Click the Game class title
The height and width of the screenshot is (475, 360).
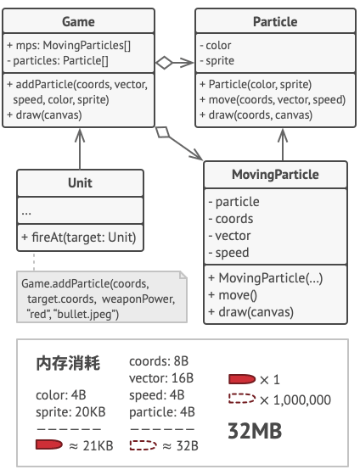pyautogui.click(x=78, y=21)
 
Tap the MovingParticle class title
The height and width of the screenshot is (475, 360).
pyautogui.click(x=275, y=176)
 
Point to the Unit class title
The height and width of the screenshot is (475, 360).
pyautogui.click(x=80, y=183)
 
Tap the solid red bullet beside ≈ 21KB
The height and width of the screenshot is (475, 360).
pyautogui.click(x=50, y=444)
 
